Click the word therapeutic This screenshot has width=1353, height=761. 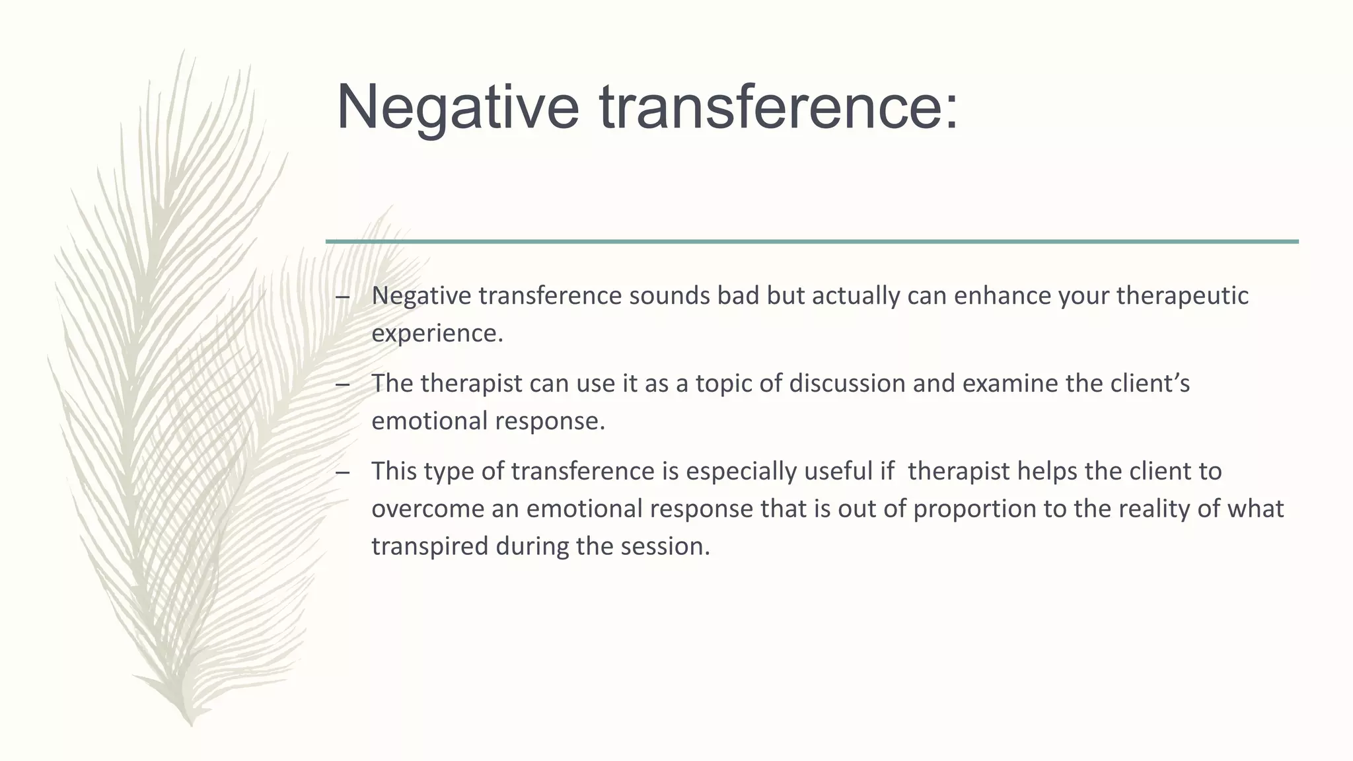[x=1182, y=295]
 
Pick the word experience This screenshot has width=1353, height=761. [x=437, y=334]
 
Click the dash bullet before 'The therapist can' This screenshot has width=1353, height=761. [x=342, y=384]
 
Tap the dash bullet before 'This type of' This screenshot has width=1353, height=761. [x=342, y=472]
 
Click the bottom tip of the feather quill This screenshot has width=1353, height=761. [x=191, y=725]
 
